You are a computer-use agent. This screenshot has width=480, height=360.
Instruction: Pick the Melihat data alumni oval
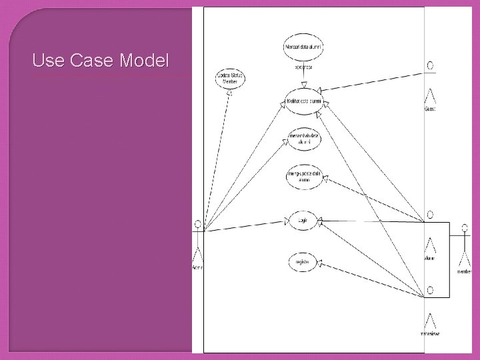click(x=303, y=101)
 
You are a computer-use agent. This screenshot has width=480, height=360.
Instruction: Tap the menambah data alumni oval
click(x=303, y=138)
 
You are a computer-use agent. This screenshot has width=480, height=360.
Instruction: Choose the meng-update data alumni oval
click(x=303, y=177)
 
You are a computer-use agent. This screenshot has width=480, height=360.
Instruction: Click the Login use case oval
click(x=303, y=219)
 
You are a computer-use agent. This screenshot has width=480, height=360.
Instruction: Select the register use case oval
click(x=303, y=261)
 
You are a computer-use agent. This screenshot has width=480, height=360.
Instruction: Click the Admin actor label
click(x=197, y=267)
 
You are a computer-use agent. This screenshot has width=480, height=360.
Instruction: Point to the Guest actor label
click(x=430, y=109)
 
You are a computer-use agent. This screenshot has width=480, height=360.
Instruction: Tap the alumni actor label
click(x=429, y=259)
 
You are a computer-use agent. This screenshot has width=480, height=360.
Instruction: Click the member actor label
click(x=464, y=272)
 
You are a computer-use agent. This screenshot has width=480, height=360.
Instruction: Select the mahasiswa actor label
click(x=431, y=333)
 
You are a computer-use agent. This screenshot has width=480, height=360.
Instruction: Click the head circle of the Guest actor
click(x=431, y=65)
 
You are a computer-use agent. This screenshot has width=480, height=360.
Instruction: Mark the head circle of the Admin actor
click(x=197, y=223)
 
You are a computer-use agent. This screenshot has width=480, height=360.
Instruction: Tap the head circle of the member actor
click(x=464, y=229)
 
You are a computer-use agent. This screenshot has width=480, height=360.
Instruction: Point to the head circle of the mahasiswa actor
click(x=431, y=290)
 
